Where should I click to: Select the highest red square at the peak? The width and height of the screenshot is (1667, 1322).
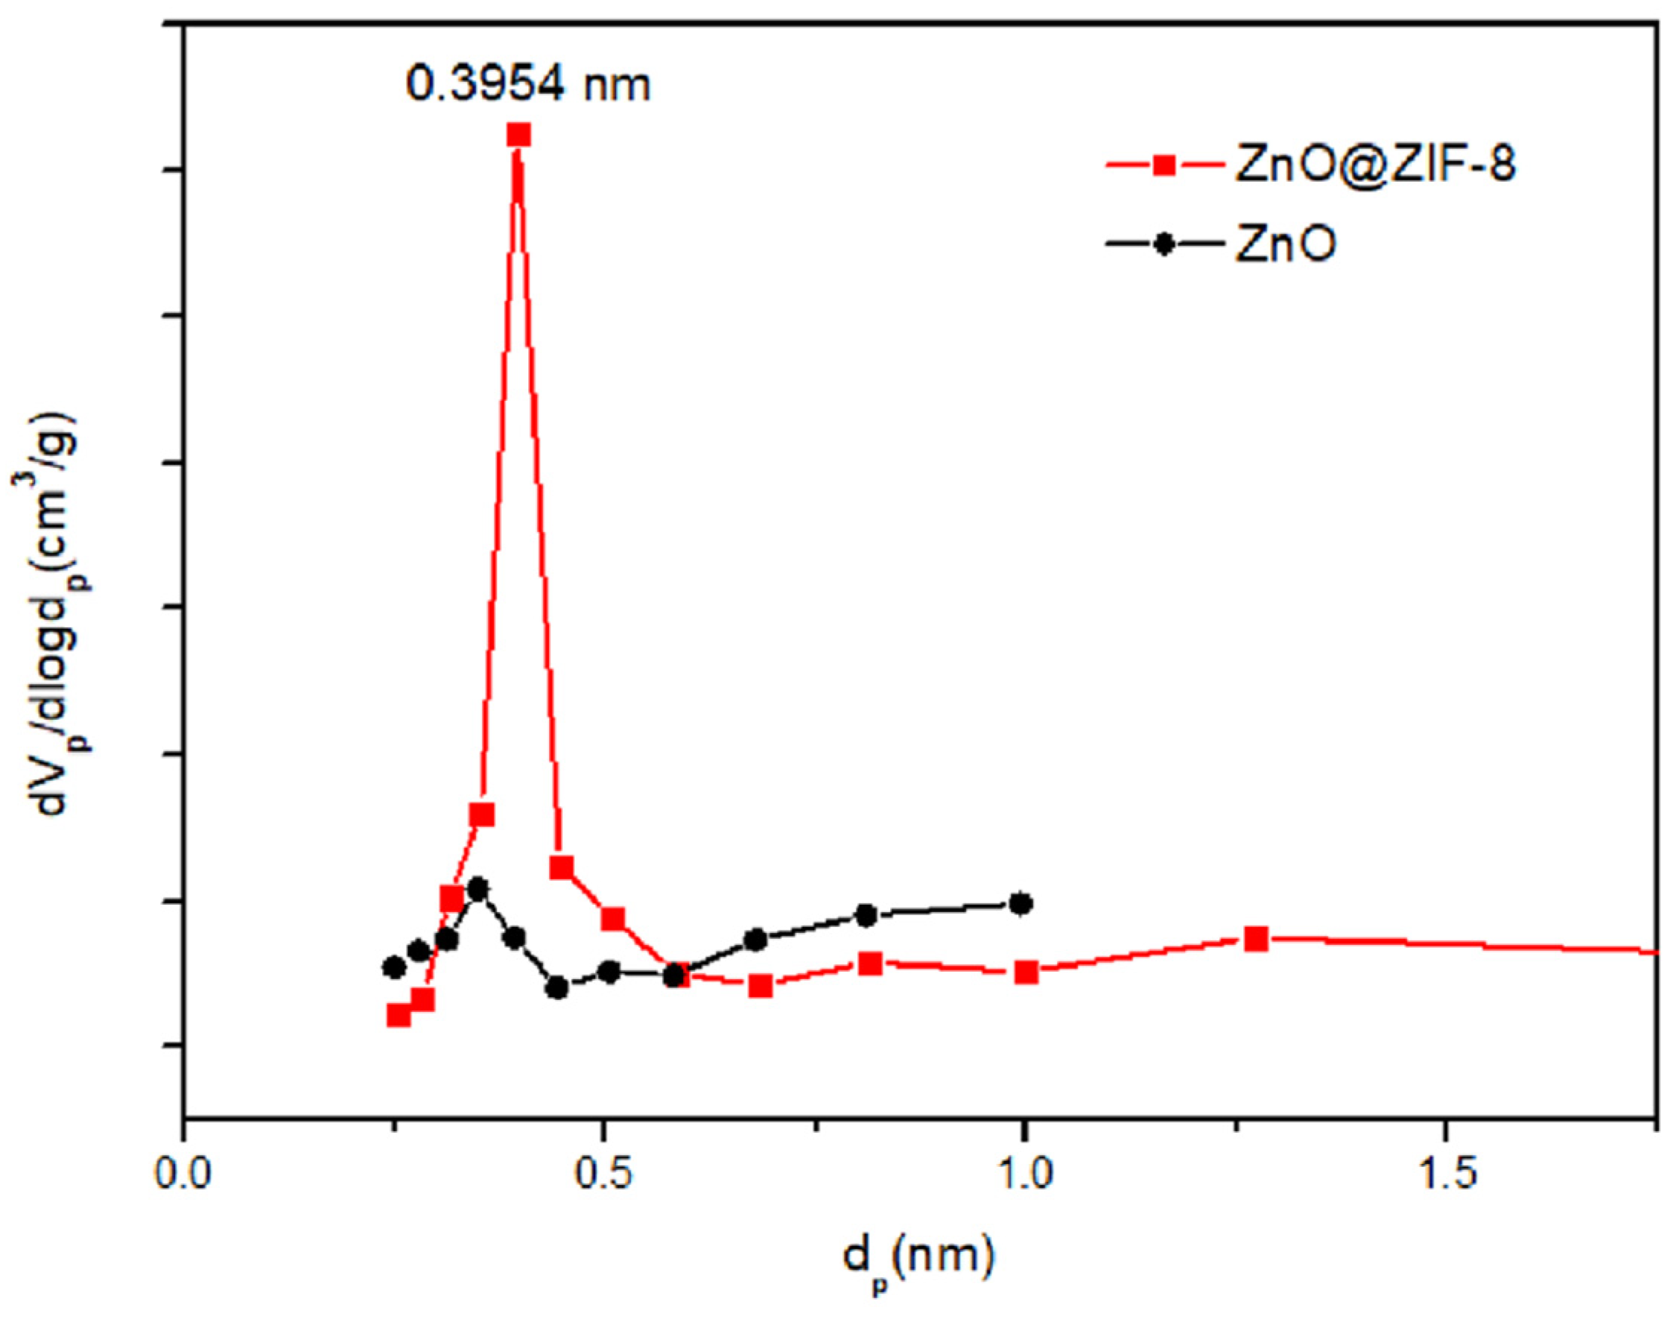click(519, 136)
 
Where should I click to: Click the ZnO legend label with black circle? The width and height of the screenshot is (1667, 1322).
click(1285, 244)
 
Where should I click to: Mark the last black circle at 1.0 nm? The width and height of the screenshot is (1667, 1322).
click(1021, 902)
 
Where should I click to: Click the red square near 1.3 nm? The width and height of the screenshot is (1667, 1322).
click(1257, 938)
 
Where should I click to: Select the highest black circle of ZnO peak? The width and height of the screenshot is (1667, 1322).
click(478, 888)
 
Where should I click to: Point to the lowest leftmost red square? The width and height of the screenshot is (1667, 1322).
click(399, 1015)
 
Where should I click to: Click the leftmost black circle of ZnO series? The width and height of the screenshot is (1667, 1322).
click(394, 967)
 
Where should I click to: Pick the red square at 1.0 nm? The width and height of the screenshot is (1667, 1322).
click(1026, 972)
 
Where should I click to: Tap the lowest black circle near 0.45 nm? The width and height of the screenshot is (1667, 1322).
click(557, 987)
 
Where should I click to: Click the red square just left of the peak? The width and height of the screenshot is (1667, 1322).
click(483, 815)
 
